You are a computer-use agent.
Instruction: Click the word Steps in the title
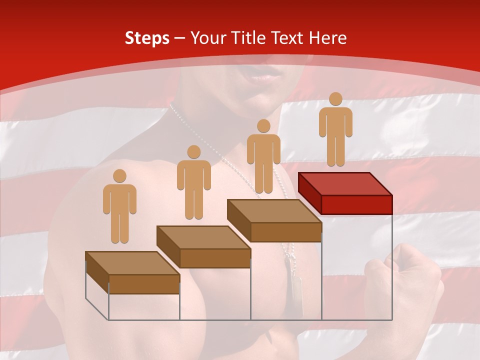pyautogui.click(x=147, y=38)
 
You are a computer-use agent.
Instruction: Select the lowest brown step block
pyautogui.click(x=132, y=273)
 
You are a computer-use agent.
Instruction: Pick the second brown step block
pyautogui.click(x=203, y=247)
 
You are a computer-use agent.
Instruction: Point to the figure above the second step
pyautogui.click(x=193, y=182)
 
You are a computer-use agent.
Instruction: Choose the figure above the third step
pyautogui.click(x=263, y=156)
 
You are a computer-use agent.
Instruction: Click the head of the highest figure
pyautogui.click(x=335, y=99)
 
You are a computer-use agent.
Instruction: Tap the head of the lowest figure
pyautogui.click(x=119, y=176)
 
